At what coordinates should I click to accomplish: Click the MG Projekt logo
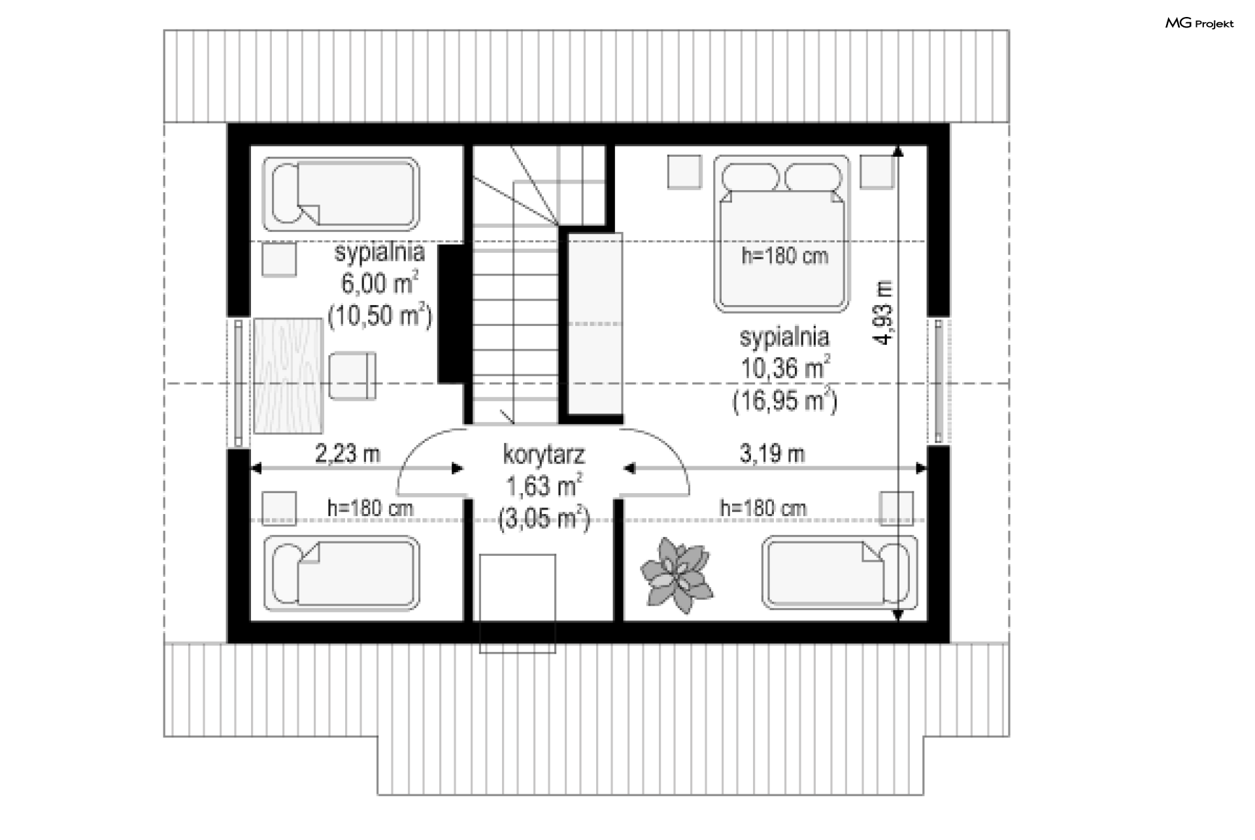(x=1199, y=24)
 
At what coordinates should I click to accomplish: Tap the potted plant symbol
(x=676, y=575)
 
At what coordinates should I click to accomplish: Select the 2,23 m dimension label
(x=347, y=453)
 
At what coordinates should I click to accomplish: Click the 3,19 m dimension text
(x=772, y=453)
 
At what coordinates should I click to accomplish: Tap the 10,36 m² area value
(x=785, y=368)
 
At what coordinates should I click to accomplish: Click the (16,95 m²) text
(x=784, y=400)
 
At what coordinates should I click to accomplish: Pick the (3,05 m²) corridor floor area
(x=544, y=519)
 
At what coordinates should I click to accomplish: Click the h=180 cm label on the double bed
(x=784, y=255)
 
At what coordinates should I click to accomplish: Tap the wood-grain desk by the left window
(x=288, y=376)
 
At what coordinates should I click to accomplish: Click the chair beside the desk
(x=352, y=376)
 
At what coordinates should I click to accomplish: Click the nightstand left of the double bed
(x=684, y=172)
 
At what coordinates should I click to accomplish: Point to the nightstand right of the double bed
(x=877, y=172)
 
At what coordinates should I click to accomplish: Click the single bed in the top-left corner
(x=341, y=194)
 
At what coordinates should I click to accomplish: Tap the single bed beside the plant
(x=840, y=573)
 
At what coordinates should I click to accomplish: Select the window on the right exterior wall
(x=939, y=381)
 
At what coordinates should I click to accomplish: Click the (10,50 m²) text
(x=379, y=315)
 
